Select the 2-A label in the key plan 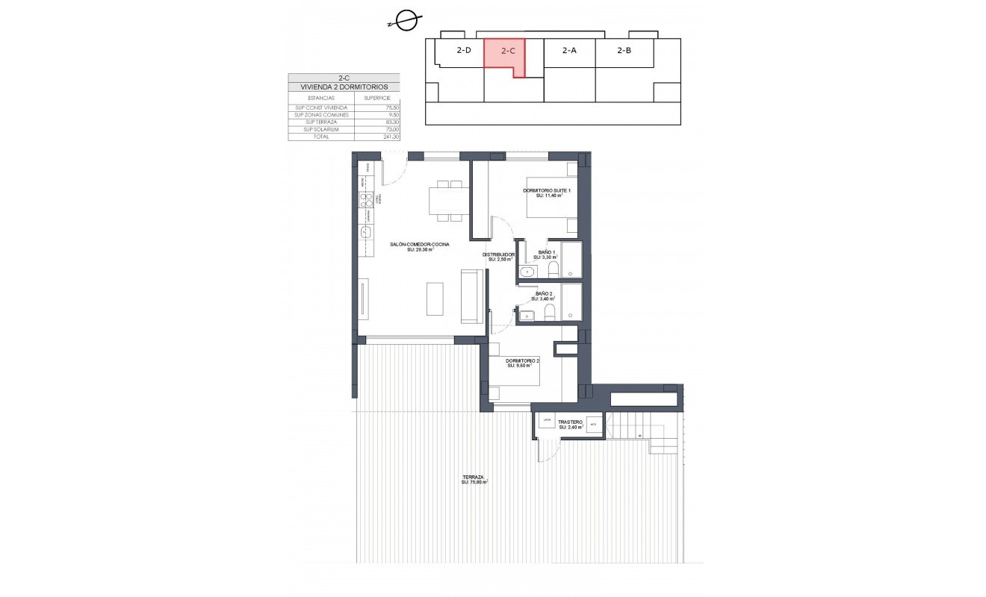pyautogui.click(x=569, y=51)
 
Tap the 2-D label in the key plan pyautogui.click(x=463, y=51)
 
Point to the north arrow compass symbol pyautogui.click(x=406, y=21)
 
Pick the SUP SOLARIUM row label pyautogui.click(x=311, y=129)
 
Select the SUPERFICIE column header pyautogui.click(x=377, y=98)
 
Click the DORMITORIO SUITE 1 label pyautogui.click(x=547, y=192)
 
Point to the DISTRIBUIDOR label pyautogui.click(x=498, y=255)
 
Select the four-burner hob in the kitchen pyautogui.click(x=366, y=199)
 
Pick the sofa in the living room pyautogui.click(x=471, y=297)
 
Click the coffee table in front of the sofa pyautogui.click(x=434, y=298)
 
